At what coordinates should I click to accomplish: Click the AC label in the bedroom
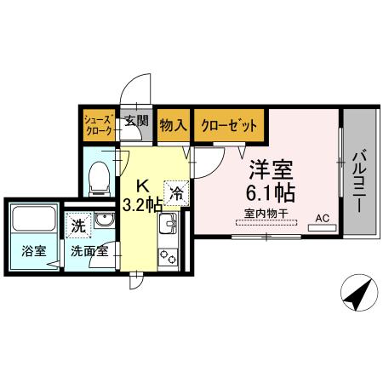[x=322, y=218]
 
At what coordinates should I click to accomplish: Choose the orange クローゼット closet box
[x=228, y=124]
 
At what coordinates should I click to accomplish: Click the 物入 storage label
[x=173, y=124]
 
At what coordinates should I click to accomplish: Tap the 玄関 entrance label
[x=136, y=121]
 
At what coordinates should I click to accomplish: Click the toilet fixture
[x=100, y=174]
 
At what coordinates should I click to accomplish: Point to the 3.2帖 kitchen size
[x=142, y=204]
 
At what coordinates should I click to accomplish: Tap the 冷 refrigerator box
[x=176, y=193]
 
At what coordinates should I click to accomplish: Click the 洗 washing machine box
[x=78, y=226]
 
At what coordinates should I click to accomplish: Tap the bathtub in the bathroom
[x=34, y=220]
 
